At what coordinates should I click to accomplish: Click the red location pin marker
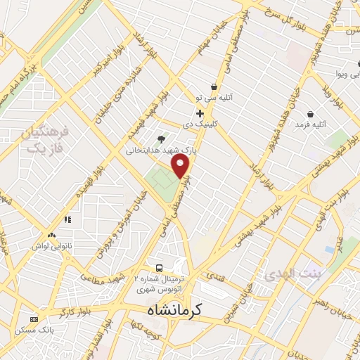click(181, 166)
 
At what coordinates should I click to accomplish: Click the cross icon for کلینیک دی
click(200, 113)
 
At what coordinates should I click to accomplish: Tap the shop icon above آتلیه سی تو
click(213, 87)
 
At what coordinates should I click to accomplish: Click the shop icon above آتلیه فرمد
click(310, 113)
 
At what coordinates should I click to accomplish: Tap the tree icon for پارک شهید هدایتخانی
click(162, 139)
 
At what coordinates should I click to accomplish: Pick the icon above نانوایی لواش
click(51, 236)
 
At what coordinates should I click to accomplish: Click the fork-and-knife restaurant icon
click(67, 219)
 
